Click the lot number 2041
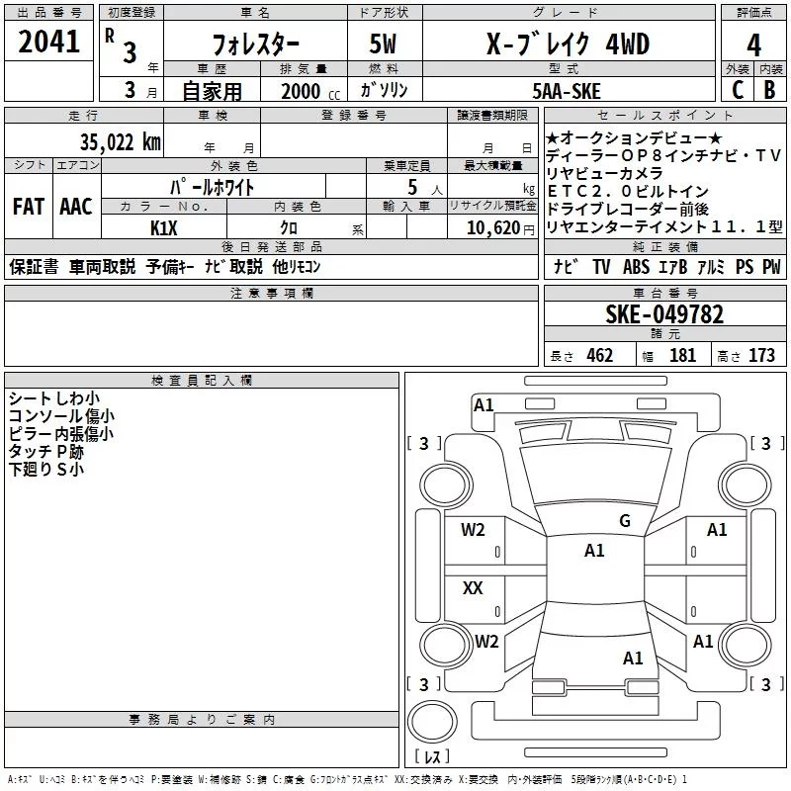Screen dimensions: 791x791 pos(48,43)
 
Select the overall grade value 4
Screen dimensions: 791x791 pos(753,44)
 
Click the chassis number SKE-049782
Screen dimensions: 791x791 pos(663,314)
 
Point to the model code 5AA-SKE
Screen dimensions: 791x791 pos(566,90)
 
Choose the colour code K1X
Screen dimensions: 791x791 pos(164,226)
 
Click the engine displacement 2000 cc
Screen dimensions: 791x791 pos(301,91)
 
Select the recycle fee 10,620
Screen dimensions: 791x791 pos(491,226)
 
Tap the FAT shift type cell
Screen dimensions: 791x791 pos(28,207)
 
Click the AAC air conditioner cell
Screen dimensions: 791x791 pos(75,207)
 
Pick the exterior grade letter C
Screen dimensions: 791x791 pos(736,90)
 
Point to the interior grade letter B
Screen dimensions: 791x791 pos(769,90)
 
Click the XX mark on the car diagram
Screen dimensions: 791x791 pos(473,588)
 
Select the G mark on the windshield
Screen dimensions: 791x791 pos(624,521)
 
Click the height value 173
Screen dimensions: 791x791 pos(761,355)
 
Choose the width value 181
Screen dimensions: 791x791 pos(682,355)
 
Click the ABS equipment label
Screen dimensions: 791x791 pos(636,267)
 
